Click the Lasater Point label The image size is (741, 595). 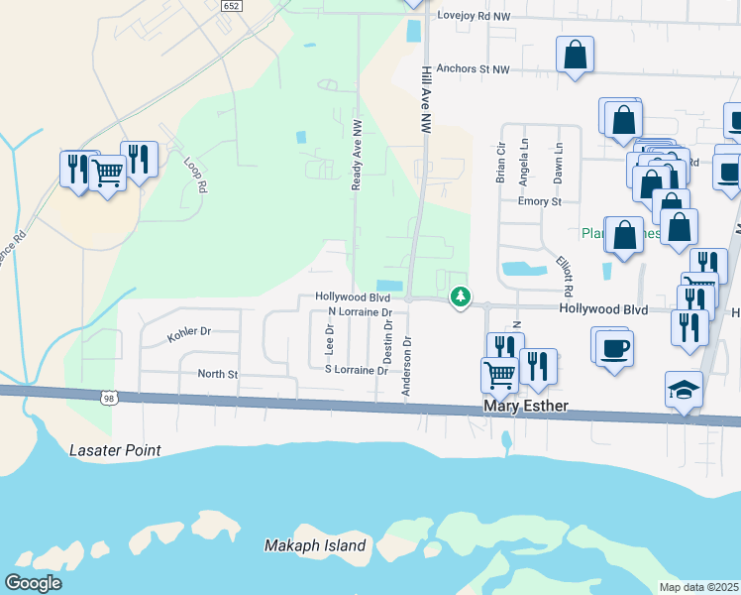tap(115, 450)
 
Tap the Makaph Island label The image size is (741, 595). tap(315, 545)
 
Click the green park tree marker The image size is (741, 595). tap(460, 296)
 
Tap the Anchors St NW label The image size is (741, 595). tap(472, 69)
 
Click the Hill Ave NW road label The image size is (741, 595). tap(427, 101)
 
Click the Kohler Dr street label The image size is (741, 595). tap(189, 334)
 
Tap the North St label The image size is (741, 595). tap(218, 374)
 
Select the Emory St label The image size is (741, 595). tap(540, 201)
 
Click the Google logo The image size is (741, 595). tap(34, 583)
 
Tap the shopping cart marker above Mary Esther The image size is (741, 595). tap(498, 375)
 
